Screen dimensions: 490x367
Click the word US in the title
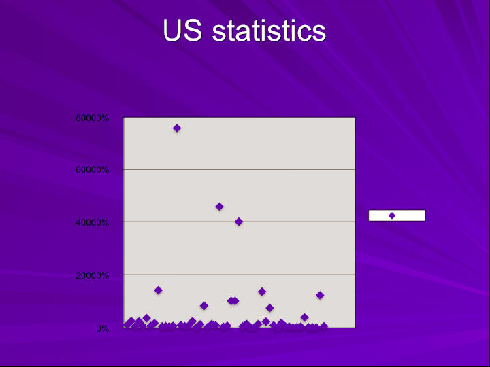click(x=182, y=31)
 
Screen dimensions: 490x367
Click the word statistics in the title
click(x=269, y=31)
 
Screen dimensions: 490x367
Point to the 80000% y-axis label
click(x=92, y=118)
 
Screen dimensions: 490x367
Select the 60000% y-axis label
click(x=92, y=170)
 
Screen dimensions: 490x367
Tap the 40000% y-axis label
click(x=92, y=222)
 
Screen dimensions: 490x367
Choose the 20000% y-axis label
click(x=92, y=275)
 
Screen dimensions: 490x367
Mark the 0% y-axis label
click(x=103, y=328)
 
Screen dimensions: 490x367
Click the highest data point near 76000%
click(x=177, y=128)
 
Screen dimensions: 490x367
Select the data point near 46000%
click(x=219, y=207)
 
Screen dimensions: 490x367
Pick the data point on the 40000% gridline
click(x=239, y=222)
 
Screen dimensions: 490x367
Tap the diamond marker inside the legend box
click(x=392, y=215)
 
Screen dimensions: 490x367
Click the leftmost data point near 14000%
click(x=158, y=290)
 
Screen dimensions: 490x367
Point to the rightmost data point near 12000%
click(x=320, y=295)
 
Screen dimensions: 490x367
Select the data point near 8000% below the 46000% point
click(x=204, y=306)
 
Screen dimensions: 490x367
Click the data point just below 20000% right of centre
click(x=262, y=292)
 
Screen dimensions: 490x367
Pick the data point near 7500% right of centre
click(x=269, y=308)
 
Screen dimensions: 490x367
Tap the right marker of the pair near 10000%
click(x=235, y=301)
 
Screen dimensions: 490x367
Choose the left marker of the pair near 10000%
click(x=231, y=301)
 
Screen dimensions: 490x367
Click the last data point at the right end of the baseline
click(x=323, y=326)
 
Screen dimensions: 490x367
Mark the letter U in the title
click(x=172, y=31)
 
